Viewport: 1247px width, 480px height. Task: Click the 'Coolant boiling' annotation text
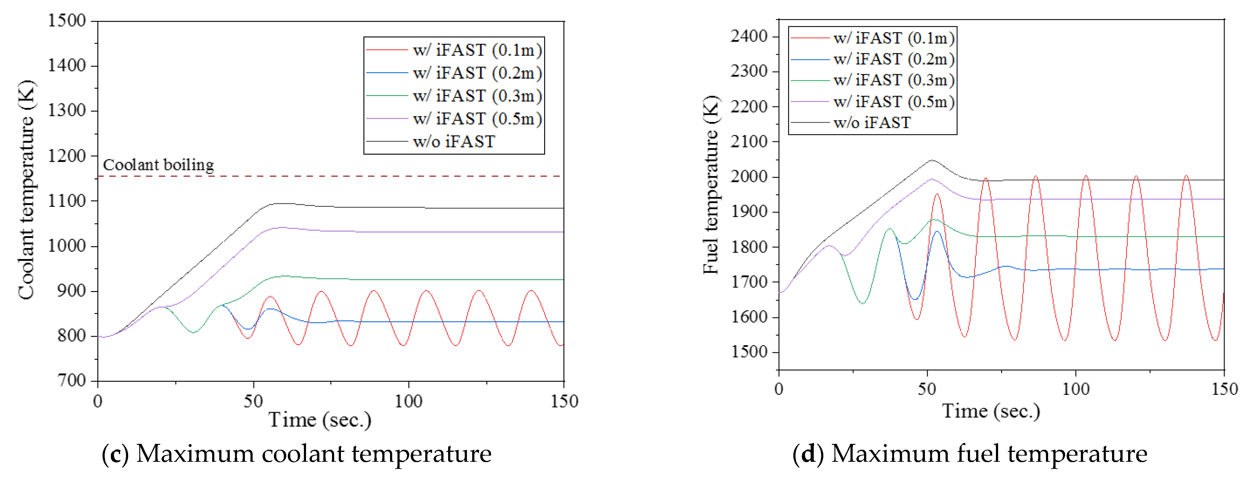click(x=158, y=165)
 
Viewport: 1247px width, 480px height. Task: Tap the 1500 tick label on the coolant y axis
click(x=67, y=21)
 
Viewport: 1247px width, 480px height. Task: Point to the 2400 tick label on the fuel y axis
click(x=749, y=36)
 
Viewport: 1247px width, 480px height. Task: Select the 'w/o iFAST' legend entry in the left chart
click(x=454, y=142)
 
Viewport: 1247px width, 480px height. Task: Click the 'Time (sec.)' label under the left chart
click(x=320, y=419)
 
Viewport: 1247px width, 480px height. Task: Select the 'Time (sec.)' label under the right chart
click(x=990, y=411)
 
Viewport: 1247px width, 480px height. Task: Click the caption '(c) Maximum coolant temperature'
click(x=296, y=454)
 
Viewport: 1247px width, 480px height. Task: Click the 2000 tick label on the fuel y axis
click(x=749, y=177)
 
